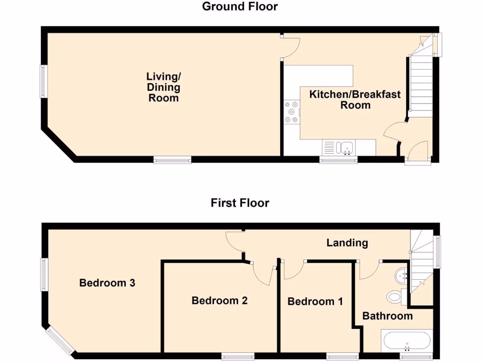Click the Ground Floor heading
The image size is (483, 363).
(x=240, y=7)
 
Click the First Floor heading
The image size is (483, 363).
(x=240, y=203)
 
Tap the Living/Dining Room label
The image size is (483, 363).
(x=163, y=87)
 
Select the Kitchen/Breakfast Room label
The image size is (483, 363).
(x=355, y=99)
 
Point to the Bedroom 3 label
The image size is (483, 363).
(x=107, y=283)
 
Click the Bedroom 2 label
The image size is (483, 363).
(x=219, y=301)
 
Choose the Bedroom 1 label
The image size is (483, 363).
(x=315, y=302)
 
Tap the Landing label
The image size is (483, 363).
(x=347, y=243)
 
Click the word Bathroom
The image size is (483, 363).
(x=387, y=316)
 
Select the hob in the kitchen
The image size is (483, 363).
(x=291, y=112)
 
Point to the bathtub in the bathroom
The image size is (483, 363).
(x=407, y=341)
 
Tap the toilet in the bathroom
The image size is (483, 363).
(x=394, y=296)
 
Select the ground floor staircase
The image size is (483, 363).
(x=420, y=85)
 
